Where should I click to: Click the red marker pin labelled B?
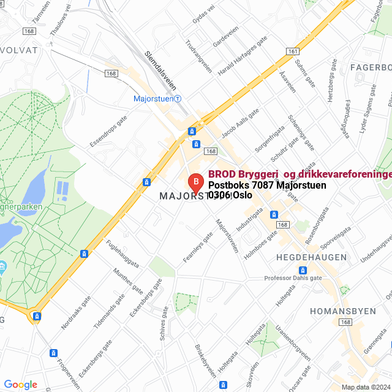click(x=195, y=183)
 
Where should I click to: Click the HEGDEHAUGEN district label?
click(x=311, y=257)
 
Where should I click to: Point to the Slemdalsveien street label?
click(x=161, y=69)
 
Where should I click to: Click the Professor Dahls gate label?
click(x=293, y=277)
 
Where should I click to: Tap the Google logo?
click(x=21, y=384)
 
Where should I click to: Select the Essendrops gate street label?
click(x=108, y=132)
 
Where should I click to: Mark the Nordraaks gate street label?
click(x=76, y=312)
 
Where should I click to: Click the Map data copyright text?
click(x=366, y=387)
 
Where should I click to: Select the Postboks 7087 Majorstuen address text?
click(x=267, y=185)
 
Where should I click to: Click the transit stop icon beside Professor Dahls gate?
click(x=303, y=270)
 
